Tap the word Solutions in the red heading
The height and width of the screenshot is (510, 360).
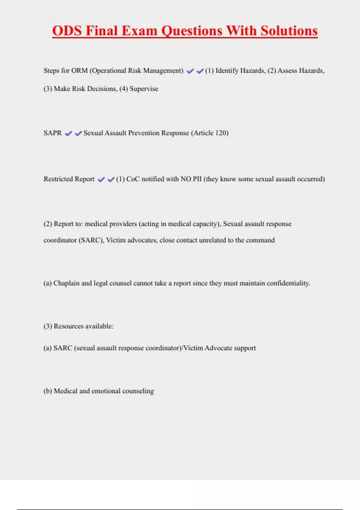point(289,31)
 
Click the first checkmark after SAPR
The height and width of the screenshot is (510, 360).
point(68,133)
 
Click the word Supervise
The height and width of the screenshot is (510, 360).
point(144,89)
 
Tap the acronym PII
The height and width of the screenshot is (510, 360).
point(197,179)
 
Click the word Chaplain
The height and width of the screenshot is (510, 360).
point(66,283)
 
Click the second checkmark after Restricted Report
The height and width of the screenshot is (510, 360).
point(111,179)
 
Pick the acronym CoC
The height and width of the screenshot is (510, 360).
point(133,179)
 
